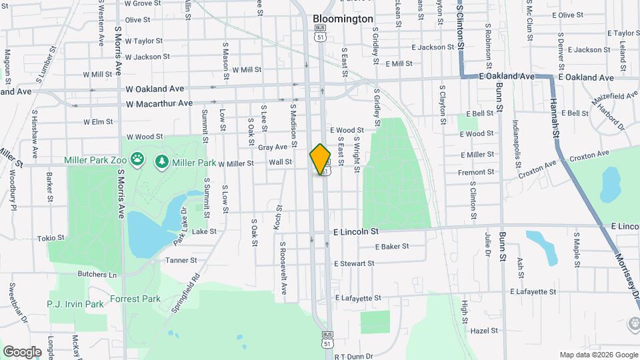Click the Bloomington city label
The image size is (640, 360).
(x=343, y=19)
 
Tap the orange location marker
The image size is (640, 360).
(x=321, y=159)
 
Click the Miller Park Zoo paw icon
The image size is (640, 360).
(x=138, y=160)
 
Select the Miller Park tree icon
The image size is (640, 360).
(x=161, y=161)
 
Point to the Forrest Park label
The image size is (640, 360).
(x=136, y=299)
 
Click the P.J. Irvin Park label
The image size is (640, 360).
(x=75, y=304)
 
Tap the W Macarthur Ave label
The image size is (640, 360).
(x=159, y=103)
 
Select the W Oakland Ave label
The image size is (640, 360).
(x=155, y=89)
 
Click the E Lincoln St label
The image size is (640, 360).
(x=356, y=231)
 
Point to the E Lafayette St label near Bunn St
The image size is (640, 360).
(x=533, y=291)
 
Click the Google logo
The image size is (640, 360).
(x=22, y=351)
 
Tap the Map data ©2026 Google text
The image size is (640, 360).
(x=598, y=355)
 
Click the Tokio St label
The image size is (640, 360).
(x=51, y=238)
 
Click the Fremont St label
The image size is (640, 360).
(x=476, y=172)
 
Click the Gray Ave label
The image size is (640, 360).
(x=273, y=147)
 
